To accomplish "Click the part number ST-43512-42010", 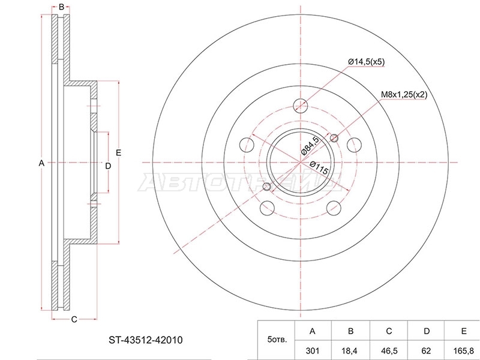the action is point(146,340).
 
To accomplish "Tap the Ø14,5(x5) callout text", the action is point(367,62).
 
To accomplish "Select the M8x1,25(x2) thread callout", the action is point(404,95).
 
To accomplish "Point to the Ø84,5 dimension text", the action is point(310,146).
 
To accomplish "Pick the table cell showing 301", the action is point(312,351).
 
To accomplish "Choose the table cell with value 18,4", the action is point(350,351).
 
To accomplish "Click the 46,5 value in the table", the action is point(389,351).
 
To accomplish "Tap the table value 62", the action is point(426,351).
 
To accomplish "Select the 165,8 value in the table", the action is point(464,351).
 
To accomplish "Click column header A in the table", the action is point(312,331).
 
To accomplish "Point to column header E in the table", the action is point(464,331).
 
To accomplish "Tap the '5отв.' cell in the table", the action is point(277,340).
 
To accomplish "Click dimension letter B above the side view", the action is point(61,7).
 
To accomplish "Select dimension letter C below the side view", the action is point(74,320).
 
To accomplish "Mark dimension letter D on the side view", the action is point(108,166).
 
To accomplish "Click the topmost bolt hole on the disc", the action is point(301,106).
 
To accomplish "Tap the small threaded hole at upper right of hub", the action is point(334,138).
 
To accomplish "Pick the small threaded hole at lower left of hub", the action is point(267,186).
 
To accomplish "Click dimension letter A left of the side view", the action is point(41,163).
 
